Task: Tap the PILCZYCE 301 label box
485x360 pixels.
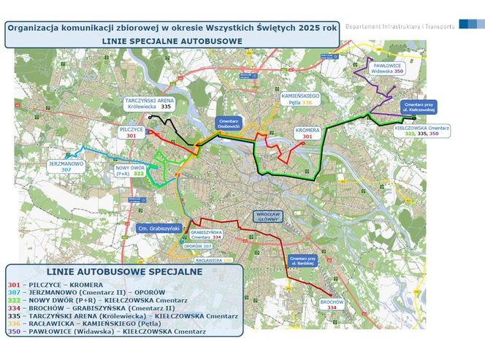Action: (131, 132)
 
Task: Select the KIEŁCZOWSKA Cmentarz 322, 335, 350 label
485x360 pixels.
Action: (421, 131)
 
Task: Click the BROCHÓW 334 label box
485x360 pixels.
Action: (332, 305)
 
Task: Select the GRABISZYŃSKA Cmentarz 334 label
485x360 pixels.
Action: (205, 234)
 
